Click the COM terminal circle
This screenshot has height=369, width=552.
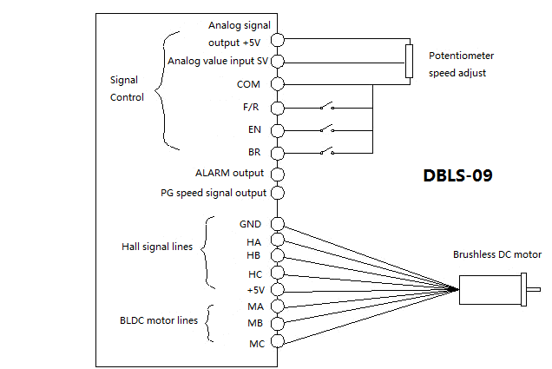277,84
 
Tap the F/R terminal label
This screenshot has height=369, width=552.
251,108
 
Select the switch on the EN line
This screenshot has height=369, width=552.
327,129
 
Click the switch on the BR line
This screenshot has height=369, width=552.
327,152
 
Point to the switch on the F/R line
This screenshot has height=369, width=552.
327,108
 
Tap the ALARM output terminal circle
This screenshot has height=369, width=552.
277,173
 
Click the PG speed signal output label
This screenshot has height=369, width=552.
214,193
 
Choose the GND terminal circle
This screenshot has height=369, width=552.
277,223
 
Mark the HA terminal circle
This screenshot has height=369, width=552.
277,240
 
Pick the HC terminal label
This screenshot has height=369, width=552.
254,274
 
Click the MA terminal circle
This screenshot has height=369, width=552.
277,306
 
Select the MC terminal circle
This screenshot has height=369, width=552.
277,343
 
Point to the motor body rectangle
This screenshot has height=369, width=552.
490,288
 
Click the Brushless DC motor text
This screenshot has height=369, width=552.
496,255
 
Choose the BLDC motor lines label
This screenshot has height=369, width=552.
159,320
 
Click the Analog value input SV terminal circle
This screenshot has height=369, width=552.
277,62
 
